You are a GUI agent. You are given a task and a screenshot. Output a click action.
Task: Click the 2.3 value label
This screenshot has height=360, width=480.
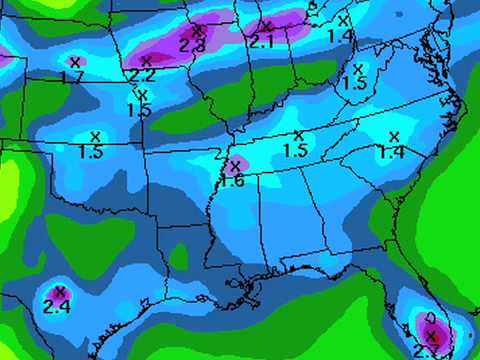click(x=192, y=45)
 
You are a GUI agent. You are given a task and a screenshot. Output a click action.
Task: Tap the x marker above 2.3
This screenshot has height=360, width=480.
click(x=197, y=31)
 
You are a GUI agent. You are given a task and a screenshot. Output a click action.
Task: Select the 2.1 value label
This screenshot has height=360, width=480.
click(x=261, y=41)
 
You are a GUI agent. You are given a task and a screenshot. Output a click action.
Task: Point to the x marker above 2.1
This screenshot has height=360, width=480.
click(x=266, y=25)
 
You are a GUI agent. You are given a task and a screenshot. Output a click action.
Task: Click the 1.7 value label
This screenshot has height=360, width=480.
click(x=71, y=77)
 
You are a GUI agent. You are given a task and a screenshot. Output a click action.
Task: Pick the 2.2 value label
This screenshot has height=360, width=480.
click(x=142, y=75)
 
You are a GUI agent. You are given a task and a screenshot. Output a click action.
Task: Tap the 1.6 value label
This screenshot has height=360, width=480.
click(x=232, y=180)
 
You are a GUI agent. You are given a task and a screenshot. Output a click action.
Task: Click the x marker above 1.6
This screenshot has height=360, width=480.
click(x=236, y=166)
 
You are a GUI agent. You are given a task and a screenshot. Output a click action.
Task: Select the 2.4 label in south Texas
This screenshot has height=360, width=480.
click(x=57, y=306)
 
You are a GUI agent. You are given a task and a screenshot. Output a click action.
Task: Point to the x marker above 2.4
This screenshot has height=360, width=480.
click(x=59, y=291)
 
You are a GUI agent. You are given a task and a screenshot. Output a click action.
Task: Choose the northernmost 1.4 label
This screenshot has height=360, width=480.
click(x=340, y=35)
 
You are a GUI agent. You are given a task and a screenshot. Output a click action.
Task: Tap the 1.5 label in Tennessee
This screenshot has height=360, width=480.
click(x=295, y=150)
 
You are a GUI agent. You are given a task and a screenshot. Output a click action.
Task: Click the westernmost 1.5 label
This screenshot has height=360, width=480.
click(x=91, y=152)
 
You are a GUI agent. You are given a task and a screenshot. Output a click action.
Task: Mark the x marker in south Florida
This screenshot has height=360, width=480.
click(x=432, y=335)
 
